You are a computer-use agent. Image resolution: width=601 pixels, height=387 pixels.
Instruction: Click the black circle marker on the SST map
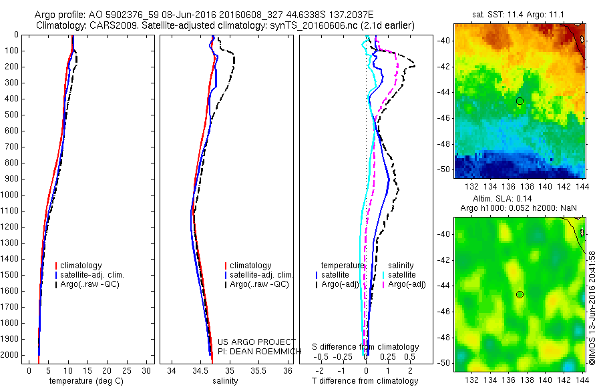pyautogui.click(x=520, y=101)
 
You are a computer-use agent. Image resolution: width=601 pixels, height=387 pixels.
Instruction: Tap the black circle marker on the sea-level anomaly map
pyautogui.click(x=520, y=294)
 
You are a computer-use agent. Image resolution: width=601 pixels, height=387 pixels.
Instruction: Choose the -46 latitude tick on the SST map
pyautogui.click(x=445, y=118)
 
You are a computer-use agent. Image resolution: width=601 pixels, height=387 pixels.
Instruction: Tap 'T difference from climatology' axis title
pyautogui.click(x=365, y=381)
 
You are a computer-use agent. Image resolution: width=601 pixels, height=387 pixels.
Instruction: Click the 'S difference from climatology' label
pyautogui.click(x=366, y=347)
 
